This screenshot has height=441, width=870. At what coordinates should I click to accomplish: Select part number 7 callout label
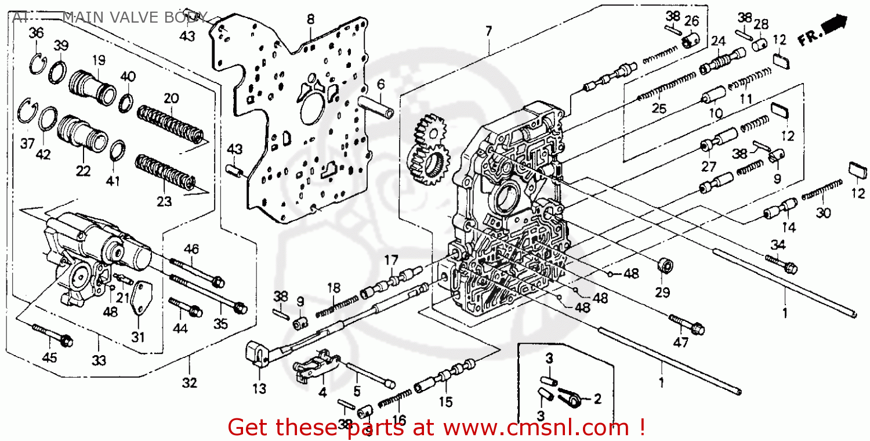[x=489, y=31]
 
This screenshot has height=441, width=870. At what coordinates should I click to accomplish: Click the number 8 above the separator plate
[x=311, y=19]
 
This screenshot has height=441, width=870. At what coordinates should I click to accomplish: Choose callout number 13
[x=259, y=388]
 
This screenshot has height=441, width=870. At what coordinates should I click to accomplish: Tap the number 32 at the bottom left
[x=190, y=383]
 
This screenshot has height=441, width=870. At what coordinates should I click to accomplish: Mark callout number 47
[x=680, y=343]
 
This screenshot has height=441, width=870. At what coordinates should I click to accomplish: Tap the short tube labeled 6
[x=375, y=105]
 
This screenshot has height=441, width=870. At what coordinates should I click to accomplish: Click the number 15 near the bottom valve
[x=445, y=401]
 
